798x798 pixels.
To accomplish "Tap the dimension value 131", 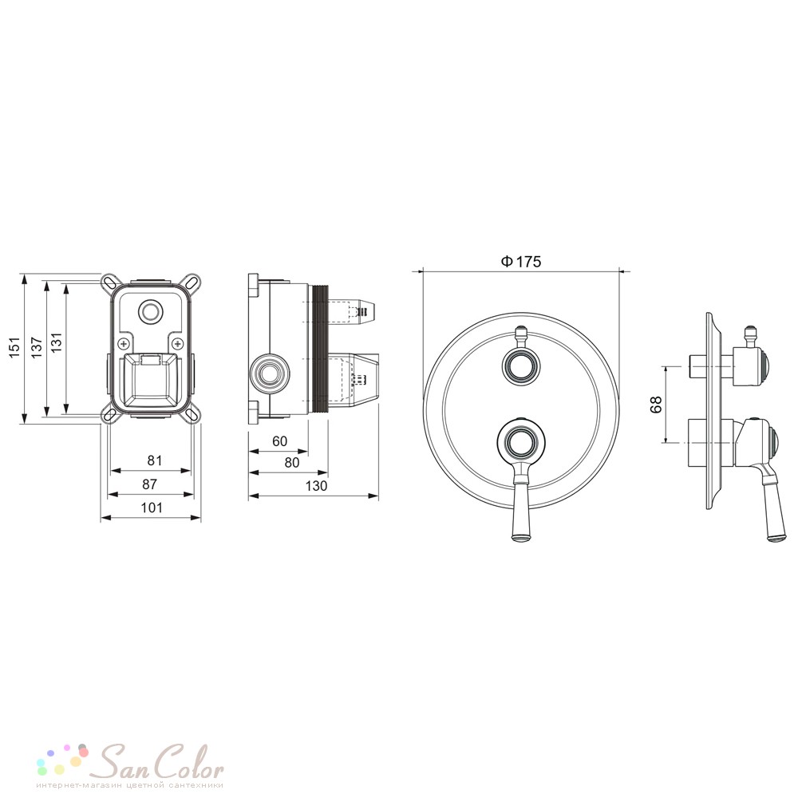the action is coord(56,342).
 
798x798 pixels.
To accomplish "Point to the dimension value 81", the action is coord(155,460).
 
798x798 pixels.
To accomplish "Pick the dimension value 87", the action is coord(150,484).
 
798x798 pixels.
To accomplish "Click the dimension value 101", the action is coord(152,508).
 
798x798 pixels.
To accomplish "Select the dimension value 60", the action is coord(280,440).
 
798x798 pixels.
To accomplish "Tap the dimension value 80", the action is coord(291,463).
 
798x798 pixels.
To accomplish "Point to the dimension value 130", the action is coord(316,486).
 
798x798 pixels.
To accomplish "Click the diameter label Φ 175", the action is coord(520,262).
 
